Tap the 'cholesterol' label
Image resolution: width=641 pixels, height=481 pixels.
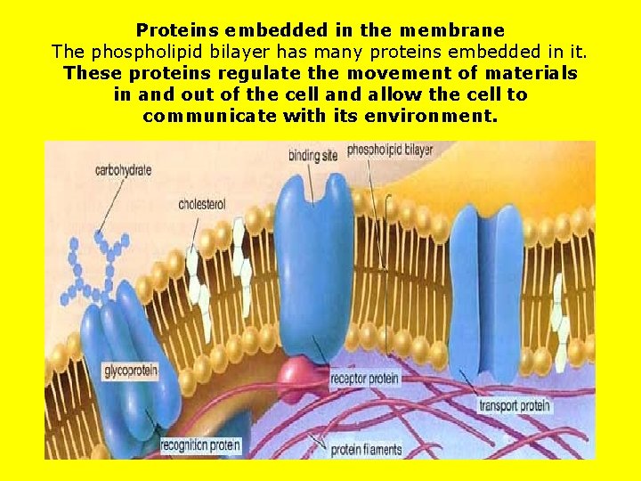point(202,204)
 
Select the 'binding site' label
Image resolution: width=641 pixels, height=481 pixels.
point(312,155)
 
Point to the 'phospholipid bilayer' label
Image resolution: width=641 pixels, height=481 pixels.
point(390,150)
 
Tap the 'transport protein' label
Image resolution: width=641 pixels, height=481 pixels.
point(515,406)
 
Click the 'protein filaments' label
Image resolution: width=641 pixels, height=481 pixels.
point(366,450)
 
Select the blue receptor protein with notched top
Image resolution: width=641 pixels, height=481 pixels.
point(313,267)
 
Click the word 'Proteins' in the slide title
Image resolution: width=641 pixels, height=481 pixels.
point(177,31)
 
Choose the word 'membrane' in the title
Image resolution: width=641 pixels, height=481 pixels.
point(456,31)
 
